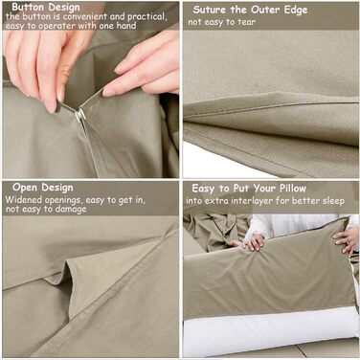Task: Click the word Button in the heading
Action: click(28, 7)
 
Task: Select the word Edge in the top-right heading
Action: click(295, 11)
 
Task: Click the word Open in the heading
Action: click(25, 188)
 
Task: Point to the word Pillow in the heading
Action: click(293, 189)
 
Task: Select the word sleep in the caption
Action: click(333, 201)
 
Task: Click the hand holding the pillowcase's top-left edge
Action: click(252, 242)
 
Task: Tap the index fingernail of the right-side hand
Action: click(108, 92)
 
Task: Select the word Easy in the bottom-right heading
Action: click(203, 189)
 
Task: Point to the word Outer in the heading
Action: click(265, 10)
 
